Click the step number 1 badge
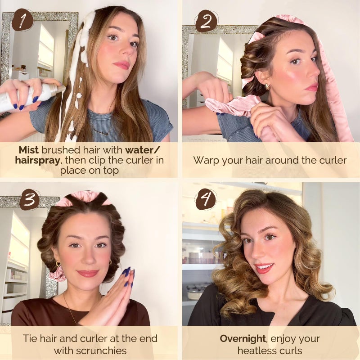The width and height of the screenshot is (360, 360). (22, 20)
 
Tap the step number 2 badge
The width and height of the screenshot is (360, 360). (207, 21)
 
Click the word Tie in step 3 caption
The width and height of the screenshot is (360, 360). (30, 339)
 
